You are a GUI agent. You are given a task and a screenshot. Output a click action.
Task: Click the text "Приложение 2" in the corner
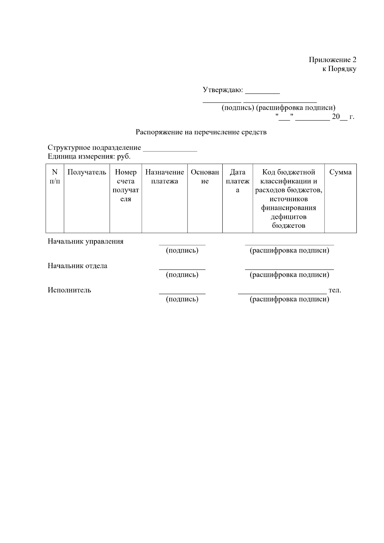pyautogui.click(x=332, y=60)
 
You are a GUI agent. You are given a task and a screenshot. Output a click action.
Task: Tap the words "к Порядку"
pyautogui.click(x=339, y=69)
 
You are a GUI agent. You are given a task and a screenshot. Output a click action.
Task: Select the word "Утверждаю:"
pyautogui.click(x=223, y=90)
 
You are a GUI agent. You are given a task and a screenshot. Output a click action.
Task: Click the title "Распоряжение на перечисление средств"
pyautogui.click(x=201, y=132)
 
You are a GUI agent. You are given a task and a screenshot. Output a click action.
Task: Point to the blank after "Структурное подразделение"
pyautogui.click(x=170, y=148)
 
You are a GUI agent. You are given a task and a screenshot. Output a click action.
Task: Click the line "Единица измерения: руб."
pyautogui.click(x=89, y=157)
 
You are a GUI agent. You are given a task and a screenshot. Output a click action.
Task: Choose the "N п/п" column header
pyautogui.click(x=55, y=177)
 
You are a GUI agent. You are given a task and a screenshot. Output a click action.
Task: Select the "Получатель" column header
pyautogui.click(x=87, y=172)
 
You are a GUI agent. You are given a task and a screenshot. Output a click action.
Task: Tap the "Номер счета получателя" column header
pyautogui.click(x=126, y=186)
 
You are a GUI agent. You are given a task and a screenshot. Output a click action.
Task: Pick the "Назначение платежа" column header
pyautogui.click(x=164, y=177)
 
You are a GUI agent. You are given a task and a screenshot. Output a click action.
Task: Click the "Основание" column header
pyautogui.click(x=205, y=177)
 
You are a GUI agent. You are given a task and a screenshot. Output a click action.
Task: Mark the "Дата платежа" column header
pyautogui.click(x=237, y=181)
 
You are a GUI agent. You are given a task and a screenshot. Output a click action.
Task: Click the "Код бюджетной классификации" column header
pyautogui.click(x=289, y=199)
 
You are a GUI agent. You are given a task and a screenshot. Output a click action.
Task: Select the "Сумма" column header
pyautogui.click(x=340, y=172)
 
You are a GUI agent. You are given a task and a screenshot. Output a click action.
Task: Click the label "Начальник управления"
pyautogui.click(x=85, y=242)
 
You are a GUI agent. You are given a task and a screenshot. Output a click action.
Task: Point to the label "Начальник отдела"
pyautogui.click(x=77, y=266)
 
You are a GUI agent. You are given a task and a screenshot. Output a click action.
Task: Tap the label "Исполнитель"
pyautogui.click(x=69, y=290)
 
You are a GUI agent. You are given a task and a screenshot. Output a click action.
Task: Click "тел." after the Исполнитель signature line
pyautogui.click(x=335, y=290)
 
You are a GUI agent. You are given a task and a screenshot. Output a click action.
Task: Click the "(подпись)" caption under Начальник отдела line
pyautogui.click(x=182, y=275)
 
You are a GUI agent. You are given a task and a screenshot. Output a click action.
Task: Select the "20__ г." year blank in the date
pyautogui.click(x=343, y=117)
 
